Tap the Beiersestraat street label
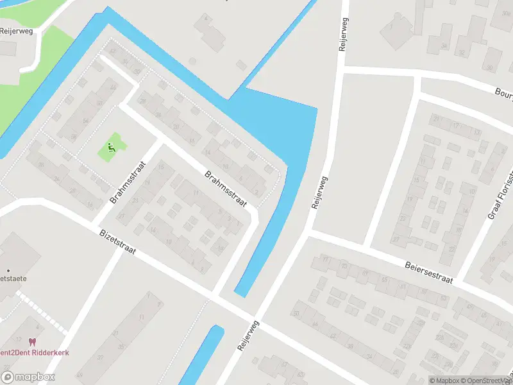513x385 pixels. [429, 271]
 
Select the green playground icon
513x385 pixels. [112, 148]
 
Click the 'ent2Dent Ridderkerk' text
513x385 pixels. [35, 352]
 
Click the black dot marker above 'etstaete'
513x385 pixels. [8, 270]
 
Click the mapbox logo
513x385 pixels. [28, 377]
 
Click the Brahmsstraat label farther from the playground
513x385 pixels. [226, 189]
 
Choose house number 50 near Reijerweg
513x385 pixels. [296, 314]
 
